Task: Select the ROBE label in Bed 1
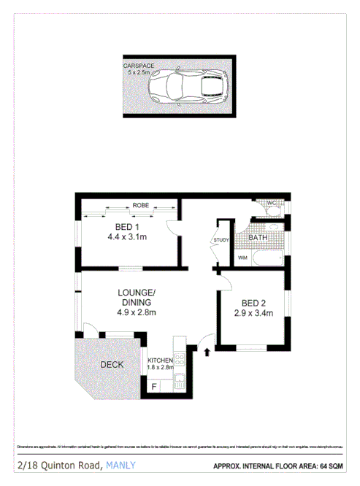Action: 140,206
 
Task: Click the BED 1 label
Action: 122,227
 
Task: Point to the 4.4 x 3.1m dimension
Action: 127,237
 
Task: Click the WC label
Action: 269,203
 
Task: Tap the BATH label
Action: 258,238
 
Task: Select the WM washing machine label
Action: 242,258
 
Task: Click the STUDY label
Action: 221,240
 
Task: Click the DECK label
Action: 111,365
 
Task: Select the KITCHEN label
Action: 161,360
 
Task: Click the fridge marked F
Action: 153,386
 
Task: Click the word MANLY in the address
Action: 120,465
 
